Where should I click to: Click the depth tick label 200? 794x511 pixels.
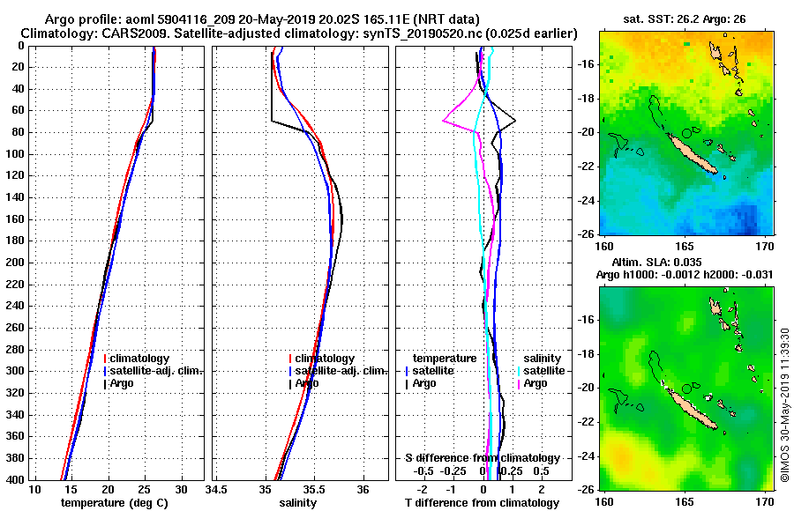point(14,263)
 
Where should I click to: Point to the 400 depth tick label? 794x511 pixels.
point(14,480)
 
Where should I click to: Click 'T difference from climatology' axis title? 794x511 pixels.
point(483,503)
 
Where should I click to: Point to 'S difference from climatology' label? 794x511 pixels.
point(483,458)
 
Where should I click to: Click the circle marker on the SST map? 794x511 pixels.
point(686,133)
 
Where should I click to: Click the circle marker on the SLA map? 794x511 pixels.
point(686,389)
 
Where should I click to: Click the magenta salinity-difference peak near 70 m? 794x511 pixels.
point(444,122)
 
